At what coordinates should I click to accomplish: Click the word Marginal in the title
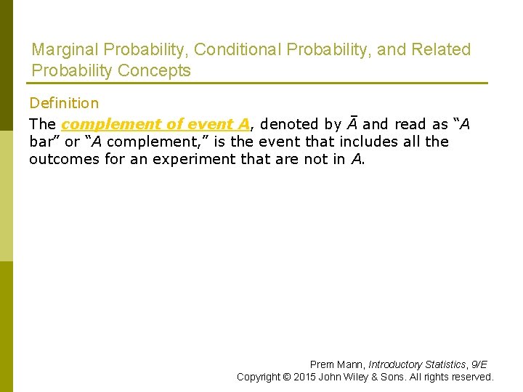click(65, 50)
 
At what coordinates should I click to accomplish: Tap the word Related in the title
click(441, 50)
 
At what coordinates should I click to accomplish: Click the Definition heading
click(64, 104)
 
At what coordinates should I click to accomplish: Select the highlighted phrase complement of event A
click(155, 124)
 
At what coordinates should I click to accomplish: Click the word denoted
click(290, 124)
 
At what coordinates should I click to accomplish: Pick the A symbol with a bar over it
click(352, 123)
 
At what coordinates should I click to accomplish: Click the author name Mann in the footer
click(352, 364)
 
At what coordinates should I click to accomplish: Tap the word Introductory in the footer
click(397, 364)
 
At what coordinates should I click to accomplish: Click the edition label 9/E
click(479, 364)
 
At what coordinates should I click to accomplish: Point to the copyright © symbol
click(288, 377)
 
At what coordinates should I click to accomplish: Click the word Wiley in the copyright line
click(359, 377)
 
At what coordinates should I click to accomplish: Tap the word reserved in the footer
click(472, 377)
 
